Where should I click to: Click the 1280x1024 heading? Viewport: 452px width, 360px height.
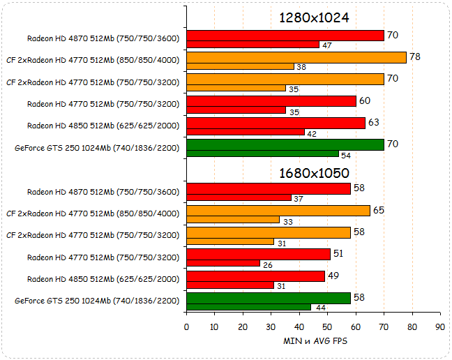coord(314,17)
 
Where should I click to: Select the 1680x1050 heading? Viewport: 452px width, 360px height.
coord(314,172)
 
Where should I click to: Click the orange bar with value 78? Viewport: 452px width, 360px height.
coord(296,57)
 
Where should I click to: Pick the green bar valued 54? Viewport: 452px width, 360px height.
coord(262,153)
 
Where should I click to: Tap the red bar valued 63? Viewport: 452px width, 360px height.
coord(276,123)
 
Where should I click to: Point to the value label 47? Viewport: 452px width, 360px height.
coord(326,45)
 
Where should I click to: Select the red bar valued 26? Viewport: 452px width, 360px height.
coord(223,263)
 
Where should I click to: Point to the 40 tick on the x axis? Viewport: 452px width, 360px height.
coord(299,327)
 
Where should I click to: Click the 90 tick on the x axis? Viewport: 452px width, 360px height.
coord(439,327)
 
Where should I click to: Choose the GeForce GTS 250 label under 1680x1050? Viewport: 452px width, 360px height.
coord(97,301)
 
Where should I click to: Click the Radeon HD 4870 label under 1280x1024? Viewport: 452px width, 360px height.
coord(103,38)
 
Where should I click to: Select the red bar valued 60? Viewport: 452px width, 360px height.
coord(271,101)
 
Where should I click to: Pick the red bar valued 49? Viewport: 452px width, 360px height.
coord(256,276)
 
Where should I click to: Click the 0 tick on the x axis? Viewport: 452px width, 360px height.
coord(186,327)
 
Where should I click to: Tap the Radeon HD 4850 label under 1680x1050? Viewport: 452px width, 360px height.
coord(103,279)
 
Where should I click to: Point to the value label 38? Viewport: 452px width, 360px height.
coord(301,67)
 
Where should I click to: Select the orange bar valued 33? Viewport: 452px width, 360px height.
coord(233,220)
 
